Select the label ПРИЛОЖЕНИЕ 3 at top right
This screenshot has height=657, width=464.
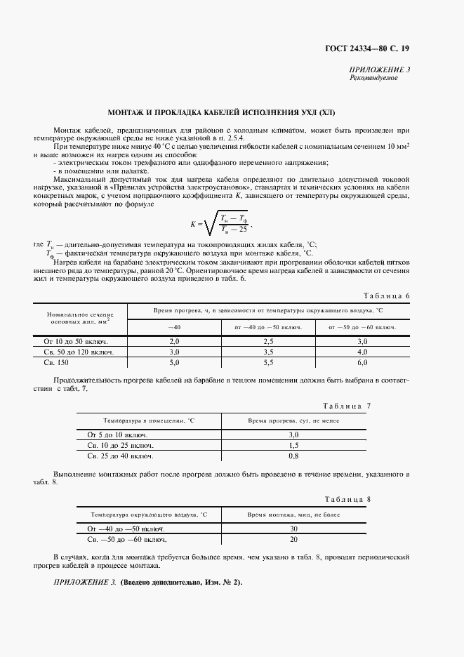[380, 69]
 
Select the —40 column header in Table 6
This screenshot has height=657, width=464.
[174, 327]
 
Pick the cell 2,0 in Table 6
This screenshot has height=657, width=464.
[174, 340]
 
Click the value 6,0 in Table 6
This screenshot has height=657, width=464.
[362, 362]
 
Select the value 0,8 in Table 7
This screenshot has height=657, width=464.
[293, 456]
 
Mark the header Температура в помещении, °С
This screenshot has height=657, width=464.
[149, 420]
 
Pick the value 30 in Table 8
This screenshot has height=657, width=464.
[293, 529]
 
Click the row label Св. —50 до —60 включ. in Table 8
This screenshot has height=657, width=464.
[127, 539]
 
